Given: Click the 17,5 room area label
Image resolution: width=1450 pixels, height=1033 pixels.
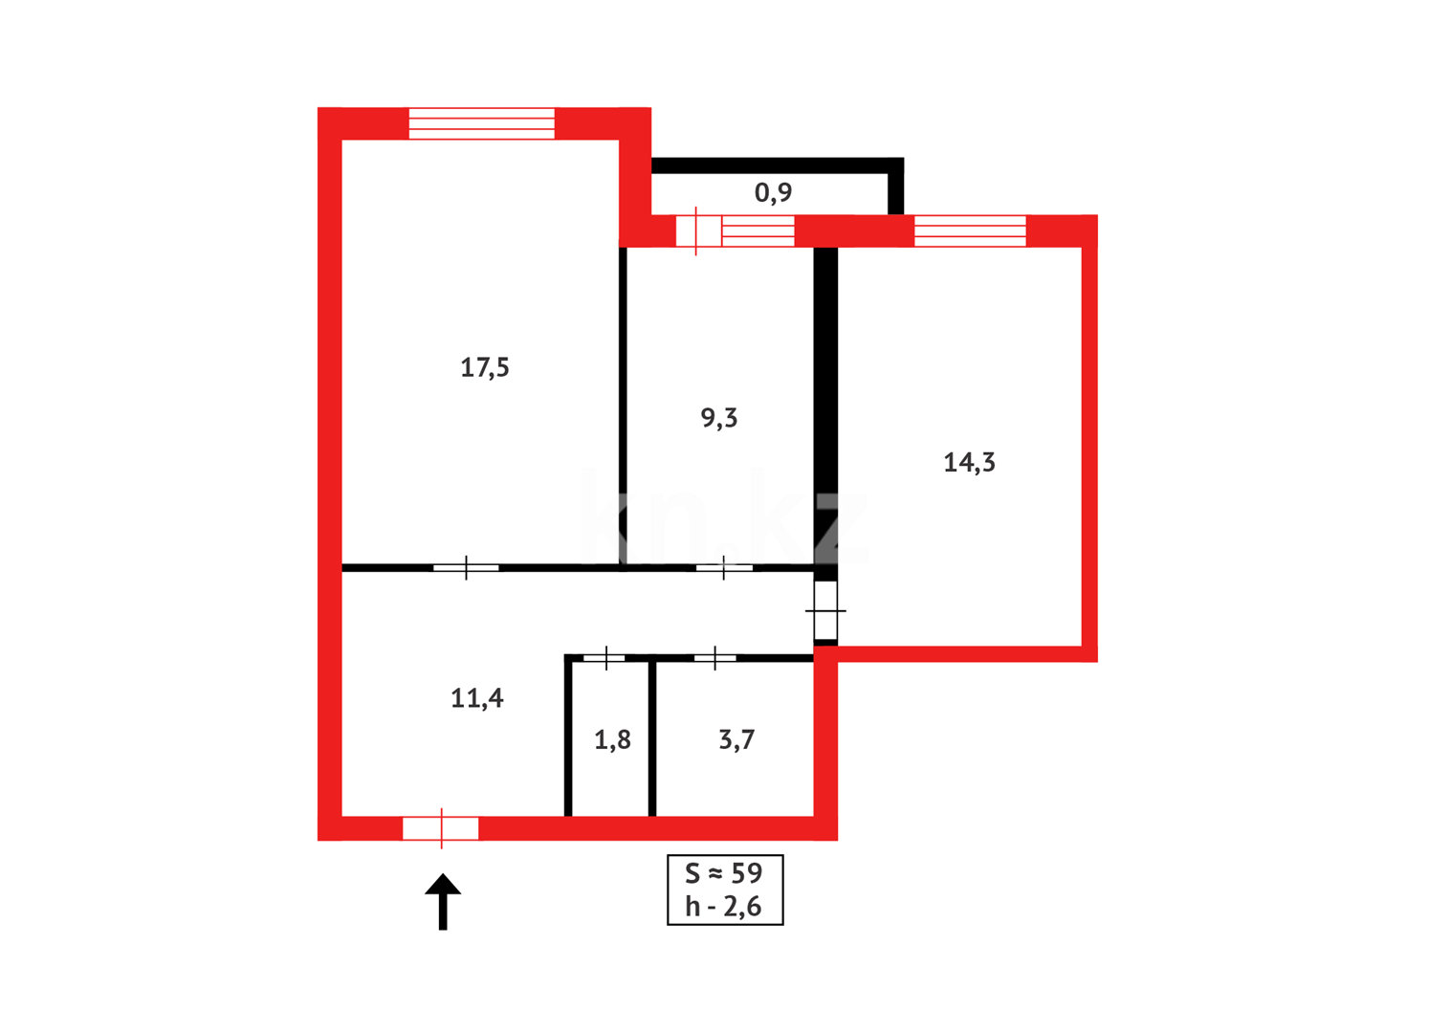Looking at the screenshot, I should click(x=485, y=367).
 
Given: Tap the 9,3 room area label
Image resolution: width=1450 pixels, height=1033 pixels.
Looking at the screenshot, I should click(x=719, y=418).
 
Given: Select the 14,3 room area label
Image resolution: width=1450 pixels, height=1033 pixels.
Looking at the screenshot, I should click(x=969, y=463).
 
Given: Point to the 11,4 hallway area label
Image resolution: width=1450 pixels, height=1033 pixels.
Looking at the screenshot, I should click(x=477, y=698).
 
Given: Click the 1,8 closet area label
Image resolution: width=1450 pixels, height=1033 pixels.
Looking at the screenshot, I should click(x=612, y=739).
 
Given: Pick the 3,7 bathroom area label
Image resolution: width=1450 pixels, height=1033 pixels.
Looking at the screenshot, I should click(x=736, y=739).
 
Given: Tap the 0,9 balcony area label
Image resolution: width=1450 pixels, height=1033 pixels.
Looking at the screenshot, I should click(x=773, y=193).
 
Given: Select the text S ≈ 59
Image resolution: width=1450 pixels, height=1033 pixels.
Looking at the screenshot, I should click(x=724, y=873).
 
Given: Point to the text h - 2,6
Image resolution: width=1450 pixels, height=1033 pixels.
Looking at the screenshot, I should click(x=724, y=907).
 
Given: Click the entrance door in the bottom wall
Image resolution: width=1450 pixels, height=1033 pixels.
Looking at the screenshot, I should click(x=441, y=828).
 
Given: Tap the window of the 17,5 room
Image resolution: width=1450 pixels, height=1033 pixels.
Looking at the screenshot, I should click(x=481, y=124).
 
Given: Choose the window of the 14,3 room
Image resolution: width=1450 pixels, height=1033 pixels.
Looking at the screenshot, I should click(x=970, y=231).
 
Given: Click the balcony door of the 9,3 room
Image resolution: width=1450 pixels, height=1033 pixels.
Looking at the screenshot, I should click(x=698, y=231).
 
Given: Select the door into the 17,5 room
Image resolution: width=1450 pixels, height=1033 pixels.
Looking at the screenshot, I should click(x=466, y=568).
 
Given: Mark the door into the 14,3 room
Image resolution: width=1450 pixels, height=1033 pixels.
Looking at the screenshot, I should click(x=825, y=610).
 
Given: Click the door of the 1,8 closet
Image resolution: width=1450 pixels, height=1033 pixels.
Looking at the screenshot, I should click(x=604, y=658).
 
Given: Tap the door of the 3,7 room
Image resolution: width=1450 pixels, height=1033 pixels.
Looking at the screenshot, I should click(x=714, y=658).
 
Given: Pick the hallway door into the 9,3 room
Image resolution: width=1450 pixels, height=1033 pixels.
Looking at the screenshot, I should click(x=724, y=568).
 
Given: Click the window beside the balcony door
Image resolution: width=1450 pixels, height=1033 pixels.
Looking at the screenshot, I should click(x=758, y=231).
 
